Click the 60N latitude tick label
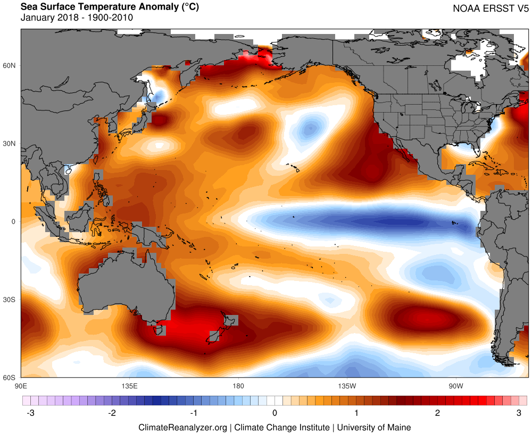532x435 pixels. (11, 65)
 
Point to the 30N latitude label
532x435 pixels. (11, 143)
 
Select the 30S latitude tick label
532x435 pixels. (11, 300)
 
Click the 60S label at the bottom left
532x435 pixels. (11, 378)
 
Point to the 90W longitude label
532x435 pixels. (455, 385)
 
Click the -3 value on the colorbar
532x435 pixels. (29, 413)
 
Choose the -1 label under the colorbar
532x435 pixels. (193, 413)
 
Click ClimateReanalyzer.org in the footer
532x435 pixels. (183, 427)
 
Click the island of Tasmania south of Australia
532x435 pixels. (159, 330)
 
